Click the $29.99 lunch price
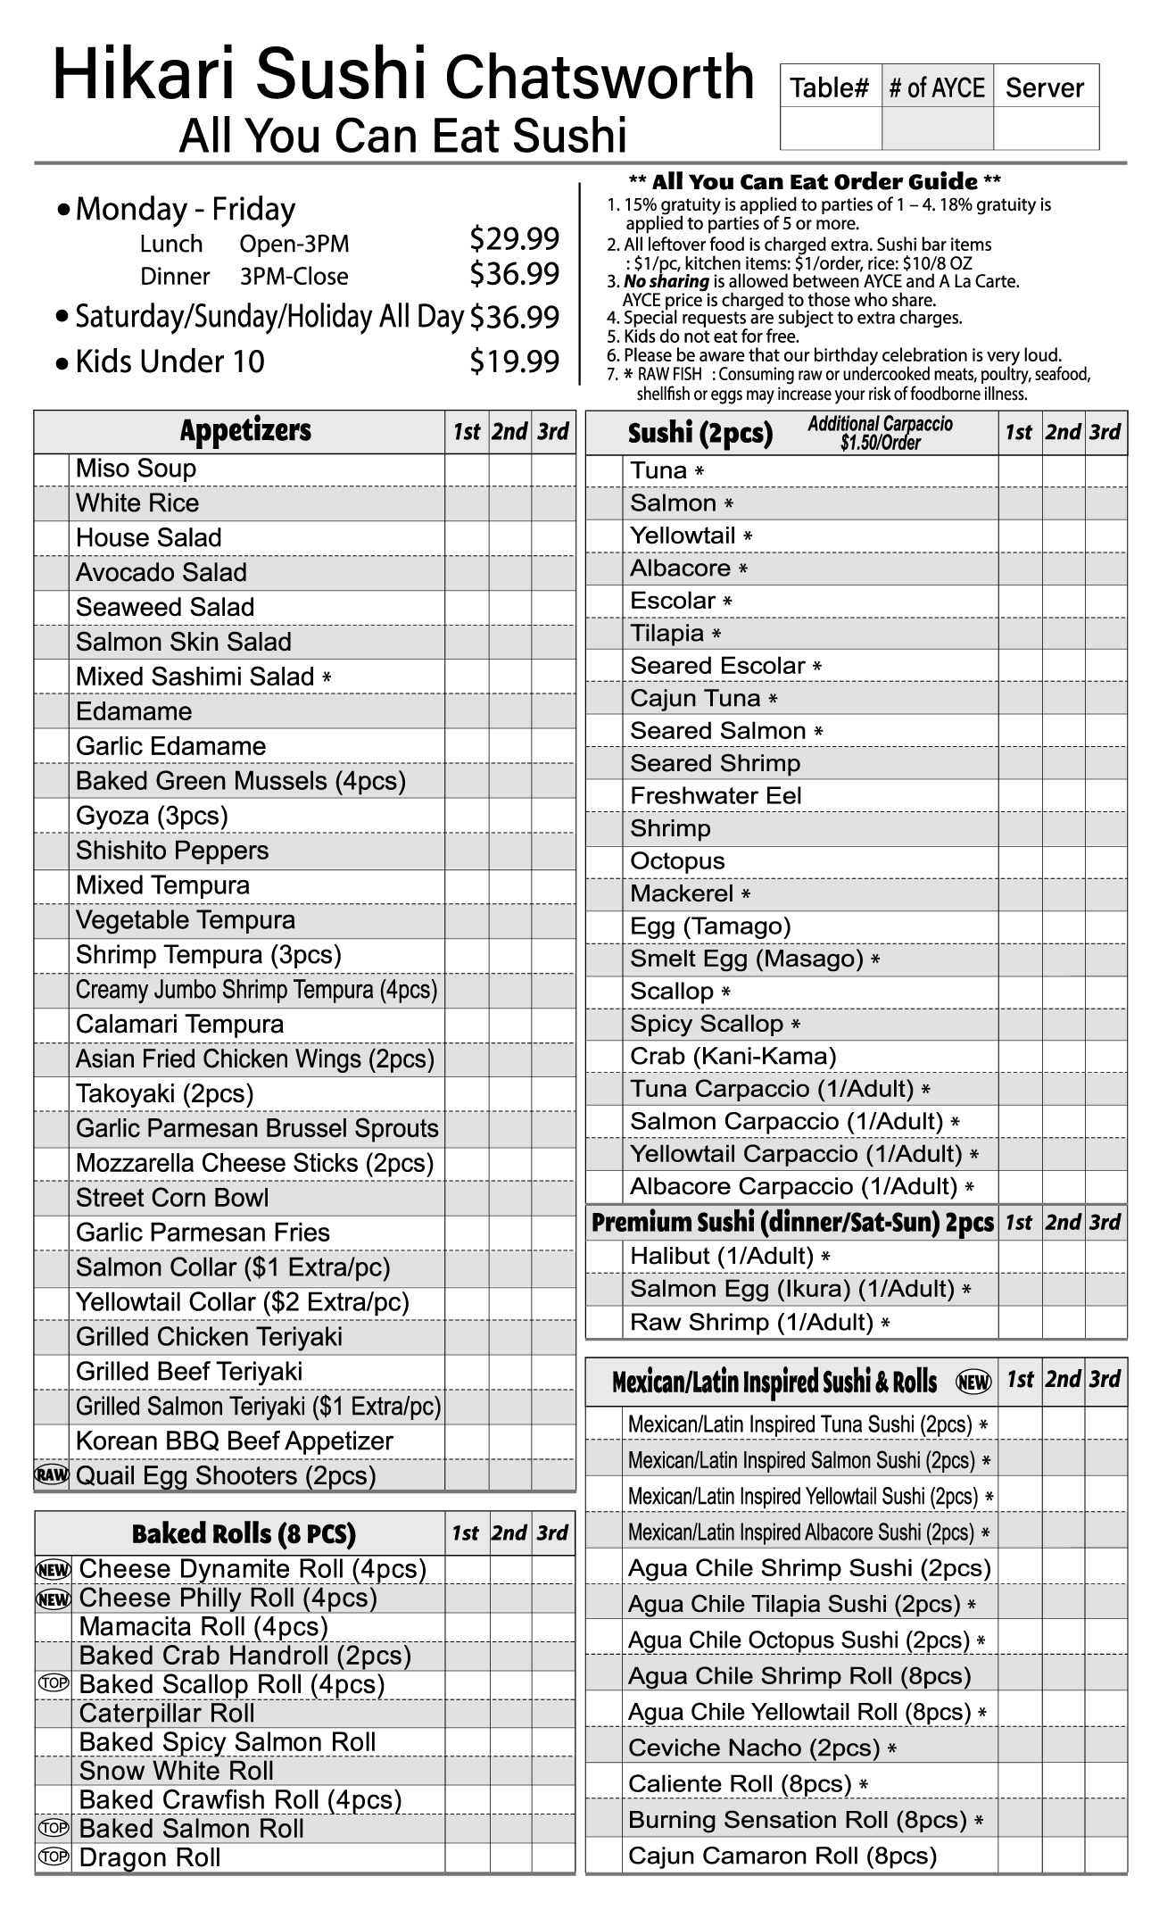click(514, 239)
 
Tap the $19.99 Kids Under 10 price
click(514, 361)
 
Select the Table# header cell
click(830, 87)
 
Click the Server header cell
click(1045, 87)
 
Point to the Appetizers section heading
click(245, 431)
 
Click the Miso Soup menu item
click(136, 469)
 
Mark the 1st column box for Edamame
click(467, 711)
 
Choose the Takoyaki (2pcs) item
click(165, 1093)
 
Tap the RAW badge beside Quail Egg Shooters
click(52, 1475)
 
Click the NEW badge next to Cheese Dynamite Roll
click(54, 1569)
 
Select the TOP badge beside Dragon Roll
click(54, 1856)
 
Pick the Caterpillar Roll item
click(167, 1713)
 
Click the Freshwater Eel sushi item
click(716, 795)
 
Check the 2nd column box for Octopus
click(1064, 861)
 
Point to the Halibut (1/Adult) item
click(722, 1256)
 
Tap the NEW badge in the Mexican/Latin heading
click(973, 1383)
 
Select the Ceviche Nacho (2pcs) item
click(754, 1748)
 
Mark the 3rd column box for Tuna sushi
click(1106, 470)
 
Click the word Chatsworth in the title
click(600, 78)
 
